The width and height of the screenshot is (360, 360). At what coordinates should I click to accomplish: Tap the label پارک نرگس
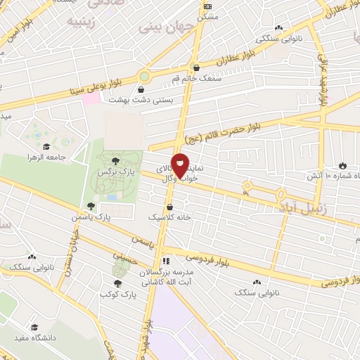[x=120, y=172]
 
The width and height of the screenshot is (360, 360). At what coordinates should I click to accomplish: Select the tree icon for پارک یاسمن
[x=90, y=206]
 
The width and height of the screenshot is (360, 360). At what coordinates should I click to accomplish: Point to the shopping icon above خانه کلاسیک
[x=171, y=207]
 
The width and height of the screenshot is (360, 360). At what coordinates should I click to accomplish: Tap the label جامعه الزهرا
[x=63, y=157]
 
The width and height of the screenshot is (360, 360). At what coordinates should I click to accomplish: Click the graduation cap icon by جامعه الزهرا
[x=46, y=147]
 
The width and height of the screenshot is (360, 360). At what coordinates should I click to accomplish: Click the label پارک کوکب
[x=117, y=293]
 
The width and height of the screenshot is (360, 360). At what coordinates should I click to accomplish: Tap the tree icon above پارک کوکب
[x=117, y=283]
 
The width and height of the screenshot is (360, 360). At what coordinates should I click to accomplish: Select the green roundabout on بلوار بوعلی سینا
[x=146, y=76]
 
